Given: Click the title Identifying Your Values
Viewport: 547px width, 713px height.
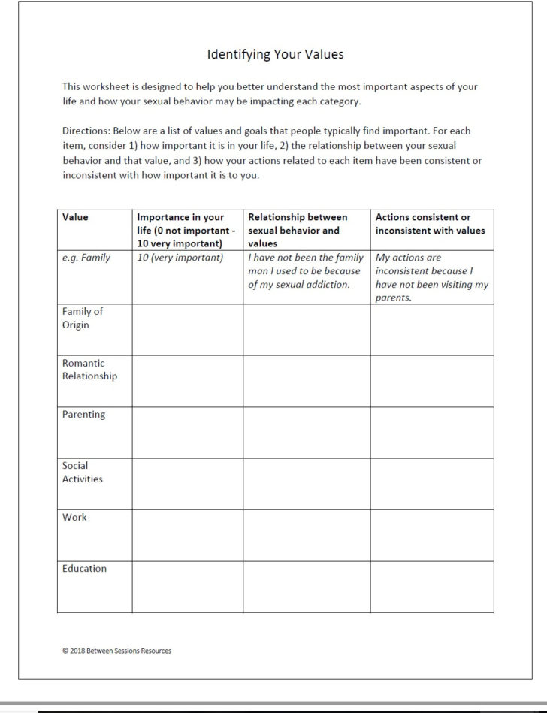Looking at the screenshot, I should tap(275, 55).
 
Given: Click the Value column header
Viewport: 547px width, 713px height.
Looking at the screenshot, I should tap(75, 217).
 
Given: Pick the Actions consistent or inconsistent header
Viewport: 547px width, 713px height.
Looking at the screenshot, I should tap(430, 224).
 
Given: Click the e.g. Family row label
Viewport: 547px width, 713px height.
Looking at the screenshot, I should tap(86, 258).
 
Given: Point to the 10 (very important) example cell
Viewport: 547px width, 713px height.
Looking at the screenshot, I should tap(180, 258).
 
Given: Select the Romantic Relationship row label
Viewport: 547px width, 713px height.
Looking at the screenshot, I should tap(89, 370).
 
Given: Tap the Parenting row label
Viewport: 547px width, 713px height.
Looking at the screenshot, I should tap(83, 414).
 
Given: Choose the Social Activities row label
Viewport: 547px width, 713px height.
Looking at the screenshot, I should tap(82, 472).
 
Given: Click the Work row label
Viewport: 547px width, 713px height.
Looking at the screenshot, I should tap(74, 517).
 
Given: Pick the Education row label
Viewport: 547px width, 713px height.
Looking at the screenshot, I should tap(84, 569).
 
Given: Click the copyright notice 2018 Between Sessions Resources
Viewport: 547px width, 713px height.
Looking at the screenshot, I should tap(116, 651).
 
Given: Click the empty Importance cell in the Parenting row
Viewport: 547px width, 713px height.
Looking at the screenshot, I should tap(186, 432).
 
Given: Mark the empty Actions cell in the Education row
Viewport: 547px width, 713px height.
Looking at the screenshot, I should tap(431, 586).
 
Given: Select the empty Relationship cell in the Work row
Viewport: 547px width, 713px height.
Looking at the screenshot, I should tap(306, 534).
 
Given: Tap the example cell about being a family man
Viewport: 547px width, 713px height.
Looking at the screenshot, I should tap(306, 270).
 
